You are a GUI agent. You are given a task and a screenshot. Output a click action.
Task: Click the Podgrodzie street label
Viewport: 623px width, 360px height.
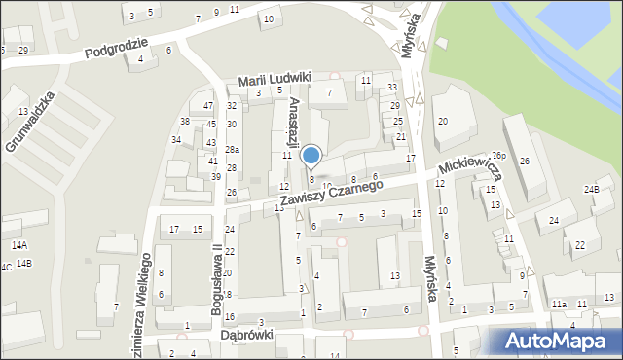[115, 49]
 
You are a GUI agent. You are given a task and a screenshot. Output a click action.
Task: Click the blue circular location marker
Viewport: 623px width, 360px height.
[311, 156]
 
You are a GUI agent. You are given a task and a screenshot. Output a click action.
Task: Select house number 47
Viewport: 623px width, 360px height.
[208, 105]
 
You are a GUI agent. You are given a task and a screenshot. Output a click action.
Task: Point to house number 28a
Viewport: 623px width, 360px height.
[232, 149]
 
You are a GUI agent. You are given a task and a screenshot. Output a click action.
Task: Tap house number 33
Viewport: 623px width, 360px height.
[392, 89]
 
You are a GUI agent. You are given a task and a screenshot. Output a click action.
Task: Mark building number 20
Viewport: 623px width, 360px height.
[443, 121]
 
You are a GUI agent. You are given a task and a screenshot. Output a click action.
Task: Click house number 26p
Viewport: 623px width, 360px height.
[499, 156]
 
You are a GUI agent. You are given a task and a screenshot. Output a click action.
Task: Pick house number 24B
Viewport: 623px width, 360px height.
[591, 189]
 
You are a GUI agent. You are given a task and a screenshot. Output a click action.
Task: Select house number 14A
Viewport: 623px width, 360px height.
[18, 246]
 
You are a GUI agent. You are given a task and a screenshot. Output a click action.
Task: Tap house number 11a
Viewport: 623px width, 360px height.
[558, 305]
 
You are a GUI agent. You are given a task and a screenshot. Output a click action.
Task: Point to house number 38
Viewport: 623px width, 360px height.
[185, 122]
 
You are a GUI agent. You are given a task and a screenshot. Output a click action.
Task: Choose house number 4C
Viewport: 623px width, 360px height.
[5, 266]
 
